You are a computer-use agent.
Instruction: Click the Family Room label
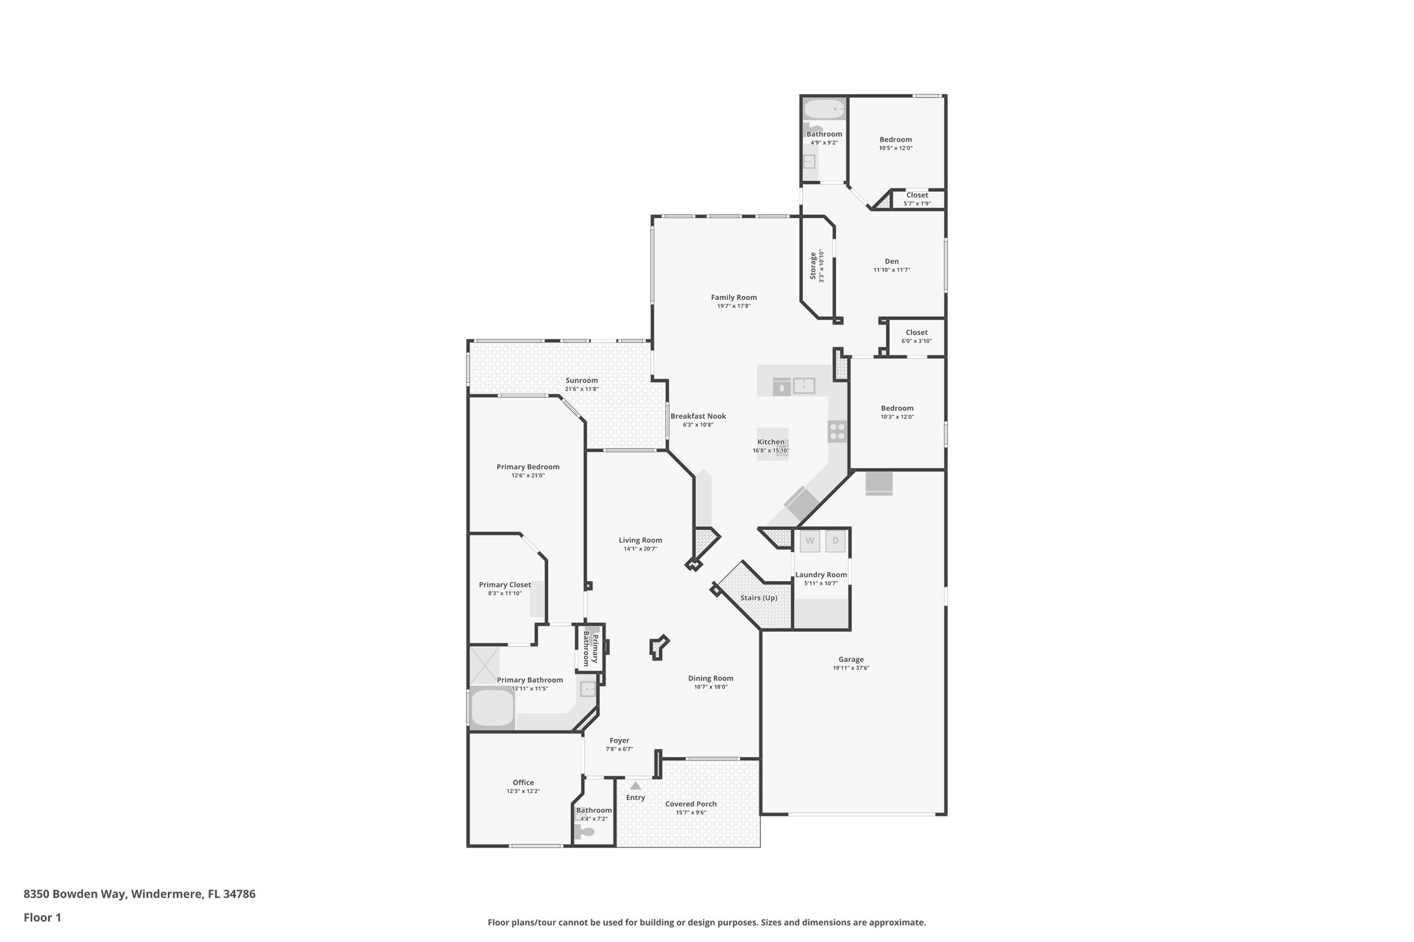734,297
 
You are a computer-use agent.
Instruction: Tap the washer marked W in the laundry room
810,541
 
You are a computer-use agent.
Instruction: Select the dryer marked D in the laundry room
835,541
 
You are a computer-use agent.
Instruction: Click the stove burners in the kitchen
837,432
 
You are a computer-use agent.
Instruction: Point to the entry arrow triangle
635,785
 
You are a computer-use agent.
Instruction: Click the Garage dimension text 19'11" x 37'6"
851,668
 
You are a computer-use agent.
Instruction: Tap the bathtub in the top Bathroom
824,109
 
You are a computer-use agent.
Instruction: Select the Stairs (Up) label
759,598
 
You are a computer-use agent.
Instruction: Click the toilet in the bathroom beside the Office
585,832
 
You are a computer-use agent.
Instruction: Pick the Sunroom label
581,380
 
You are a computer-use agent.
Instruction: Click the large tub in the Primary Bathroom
492,709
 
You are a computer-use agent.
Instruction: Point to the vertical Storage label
813,266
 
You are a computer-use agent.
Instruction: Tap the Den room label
891,261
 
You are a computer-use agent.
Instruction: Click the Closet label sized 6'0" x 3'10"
916,333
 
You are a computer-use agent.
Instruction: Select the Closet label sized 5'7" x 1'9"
917,195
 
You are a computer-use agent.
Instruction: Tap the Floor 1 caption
42,917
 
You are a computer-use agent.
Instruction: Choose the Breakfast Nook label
698,416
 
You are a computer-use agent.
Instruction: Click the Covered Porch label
690,804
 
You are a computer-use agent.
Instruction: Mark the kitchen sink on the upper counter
804,385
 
